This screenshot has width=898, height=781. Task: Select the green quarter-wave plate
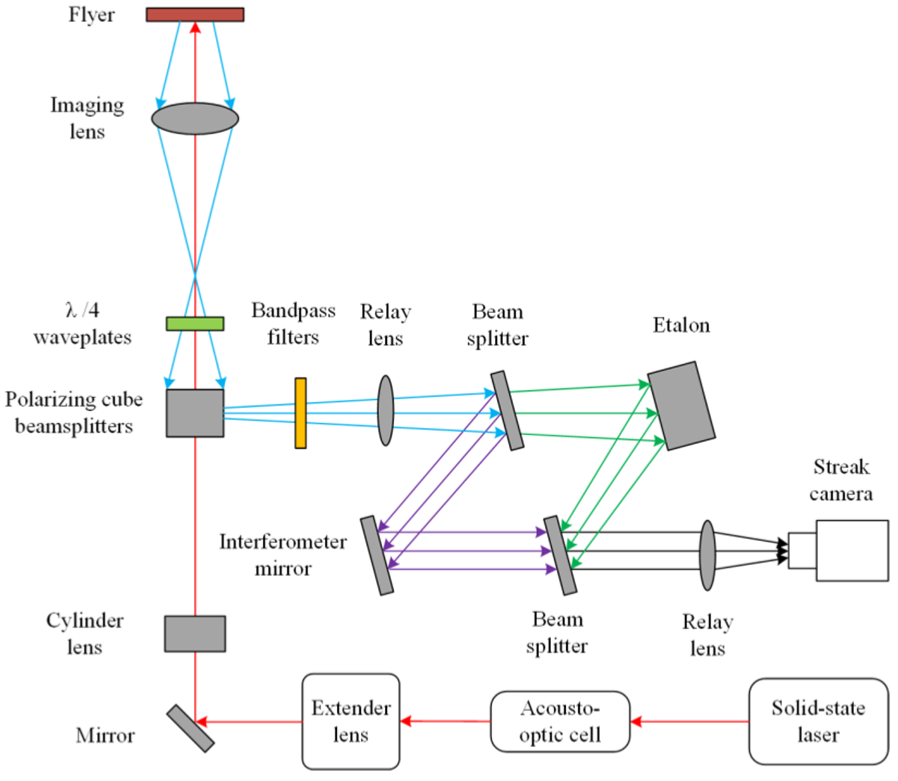pyautogui.click(x=195, y=323)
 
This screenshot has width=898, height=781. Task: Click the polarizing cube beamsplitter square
pyautogui.click(x=195, y=413)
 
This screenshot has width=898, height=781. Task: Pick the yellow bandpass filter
pyautogui.click(x=300, y=413)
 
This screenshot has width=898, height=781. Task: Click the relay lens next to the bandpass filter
pyautogui.click(x=385, y=410)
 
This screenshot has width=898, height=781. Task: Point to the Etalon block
pyautogui.click(x=682, y=405)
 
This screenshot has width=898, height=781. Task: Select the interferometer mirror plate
pyautogui.click(x=377, y=555)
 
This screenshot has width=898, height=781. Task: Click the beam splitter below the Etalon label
pyautogui.click(x=507, y=410)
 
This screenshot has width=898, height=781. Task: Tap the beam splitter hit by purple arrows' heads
pyautogui.click(x=560, y=555)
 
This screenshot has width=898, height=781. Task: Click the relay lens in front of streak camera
pyautogui.click(x=707, y=555)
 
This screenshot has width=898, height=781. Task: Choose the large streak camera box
pyautogui.click(x=852, y=550)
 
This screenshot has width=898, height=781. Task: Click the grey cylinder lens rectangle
pyautogui.click(x=195, y=633)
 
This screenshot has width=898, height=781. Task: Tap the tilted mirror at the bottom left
pyautogui.click(x=190, y=728)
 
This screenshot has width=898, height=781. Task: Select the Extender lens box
pyautogui.click(x=351, y=721)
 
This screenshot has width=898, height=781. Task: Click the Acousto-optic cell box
pyautogui.click(x=560, y=721)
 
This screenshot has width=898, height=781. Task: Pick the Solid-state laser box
pyautogui.click(x=818, y=721)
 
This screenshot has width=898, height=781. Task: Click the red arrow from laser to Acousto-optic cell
pyautogui.click(x=690, y=721)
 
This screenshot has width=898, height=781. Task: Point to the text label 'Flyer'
pyautogui.click(x=91, y=14)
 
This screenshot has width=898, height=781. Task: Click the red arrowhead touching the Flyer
pyautogui.click(x=195, y=28)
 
